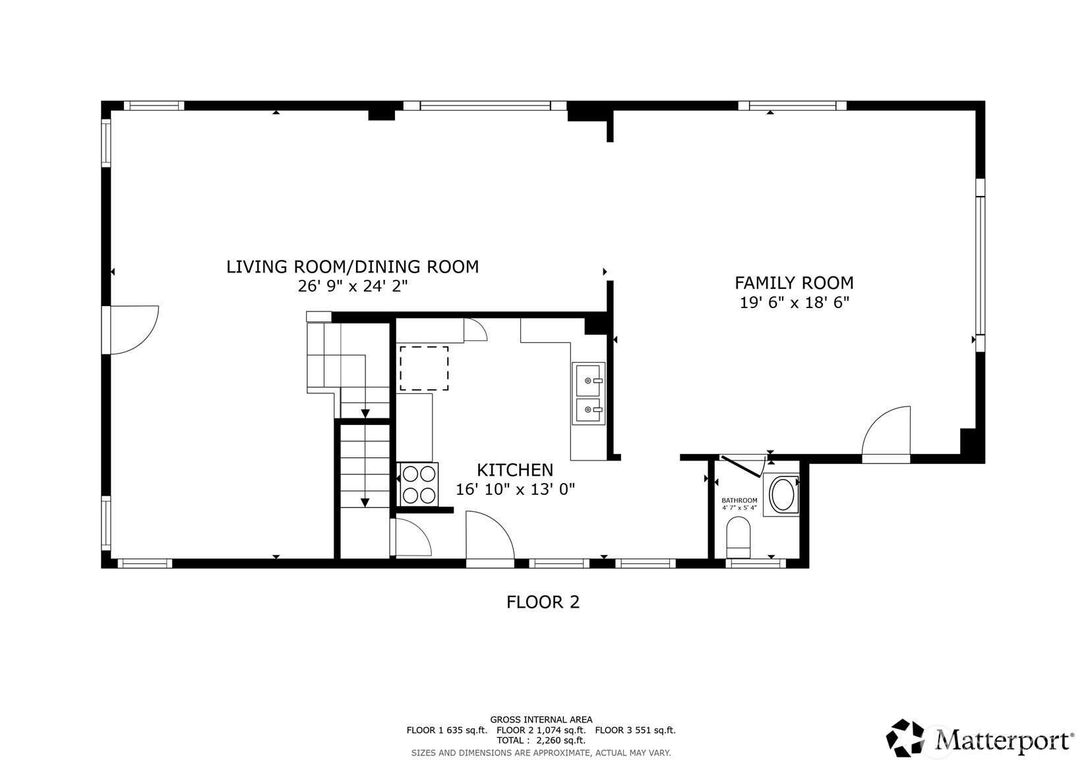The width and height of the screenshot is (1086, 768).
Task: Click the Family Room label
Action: pos(794,283)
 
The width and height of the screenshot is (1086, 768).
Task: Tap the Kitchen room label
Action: pos(515,470)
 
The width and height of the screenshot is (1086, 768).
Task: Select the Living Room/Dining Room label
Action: pos(353,267)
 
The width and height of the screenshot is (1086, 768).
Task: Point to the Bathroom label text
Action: pos(739,500)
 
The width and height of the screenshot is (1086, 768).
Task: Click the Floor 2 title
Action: pos(543,602)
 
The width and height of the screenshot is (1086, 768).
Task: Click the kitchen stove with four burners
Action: pos(418,484)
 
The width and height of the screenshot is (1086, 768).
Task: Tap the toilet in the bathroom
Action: pos(739,537)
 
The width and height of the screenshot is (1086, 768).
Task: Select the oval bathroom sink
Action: pos(781,495)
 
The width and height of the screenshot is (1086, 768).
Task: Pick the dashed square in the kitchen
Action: pos(424,368)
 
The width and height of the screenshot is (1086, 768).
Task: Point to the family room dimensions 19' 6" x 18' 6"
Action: pos(794,303)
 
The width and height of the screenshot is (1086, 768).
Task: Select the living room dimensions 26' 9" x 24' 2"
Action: pos(353,286)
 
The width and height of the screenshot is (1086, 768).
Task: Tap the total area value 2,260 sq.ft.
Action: pos(560,741)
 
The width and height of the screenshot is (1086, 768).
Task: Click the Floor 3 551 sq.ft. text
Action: pos(635,730)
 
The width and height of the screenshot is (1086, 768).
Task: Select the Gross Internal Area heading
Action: pos(541,720)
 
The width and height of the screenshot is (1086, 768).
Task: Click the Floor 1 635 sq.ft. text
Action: pos(446,730)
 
